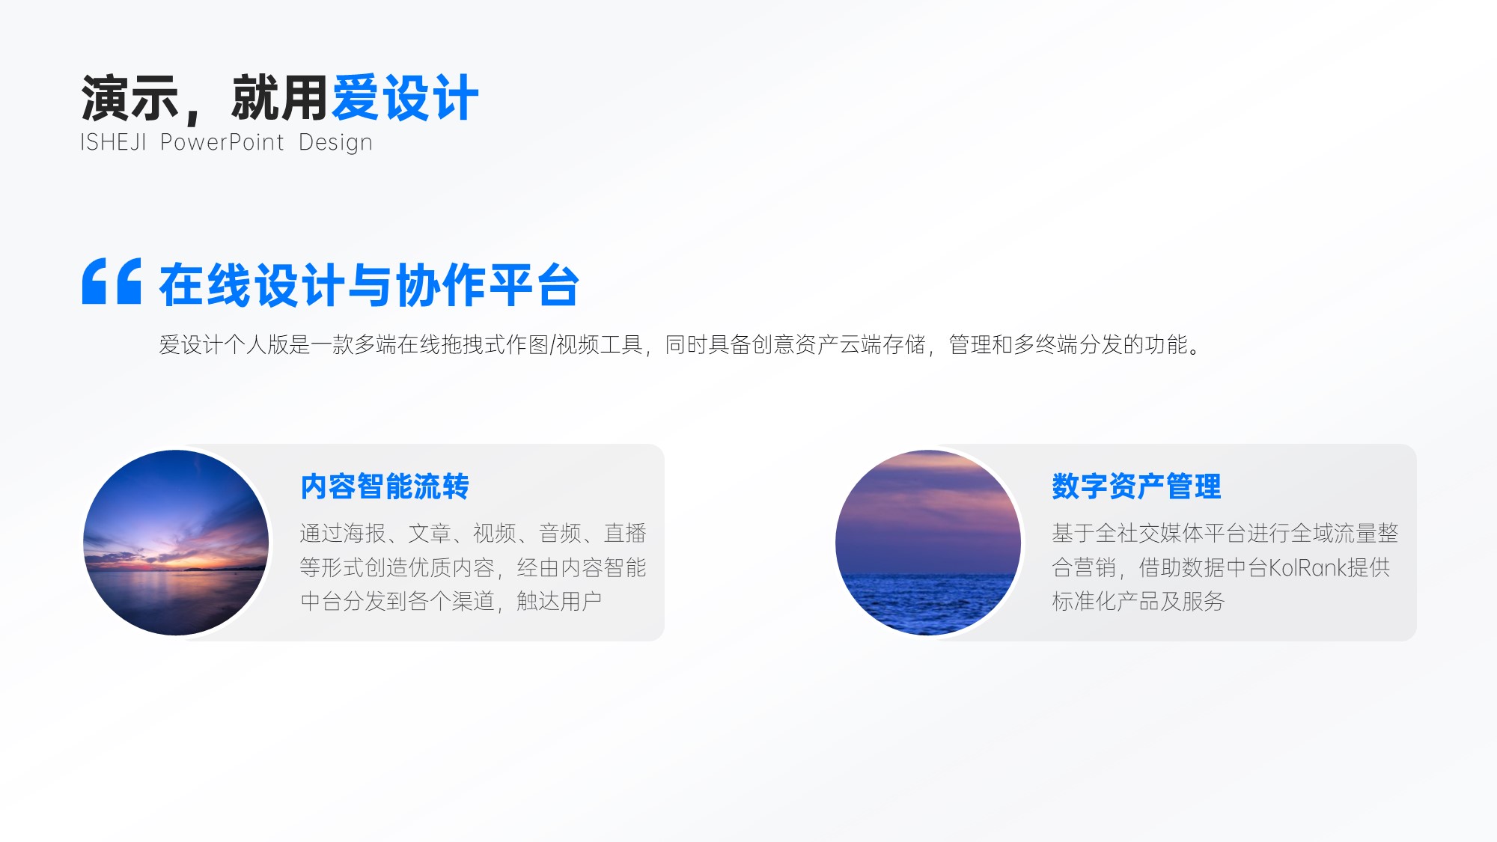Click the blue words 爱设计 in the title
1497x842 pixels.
click(405, 98)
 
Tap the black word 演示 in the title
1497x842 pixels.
click(130, 98)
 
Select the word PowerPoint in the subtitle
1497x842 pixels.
click(222, 142)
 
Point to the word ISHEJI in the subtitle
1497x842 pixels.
click(113, 142)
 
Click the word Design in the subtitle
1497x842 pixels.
click(335, 143)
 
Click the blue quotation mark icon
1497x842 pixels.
click(112, 281)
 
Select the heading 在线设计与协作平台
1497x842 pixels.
click(370, 285)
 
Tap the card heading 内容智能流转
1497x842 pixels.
click(385, 486)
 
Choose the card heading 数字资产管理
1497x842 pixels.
click(1136, 486)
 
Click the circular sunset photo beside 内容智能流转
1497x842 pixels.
click(176, 543)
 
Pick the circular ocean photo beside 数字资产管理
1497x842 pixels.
click(928, 543)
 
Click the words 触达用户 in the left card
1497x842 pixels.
click(559, 601)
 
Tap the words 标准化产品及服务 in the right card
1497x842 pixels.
click(1138, 601)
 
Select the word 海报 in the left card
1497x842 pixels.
click(365, 533)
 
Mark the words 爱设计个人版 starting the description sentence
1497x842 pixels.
click(224, 344)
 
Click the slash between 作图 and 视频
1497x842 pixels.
click(552, 344)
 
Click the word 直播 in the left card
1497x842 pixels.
click(625, 533)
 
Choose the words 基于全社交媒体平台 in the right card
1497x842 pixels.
click(1149, 533)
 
